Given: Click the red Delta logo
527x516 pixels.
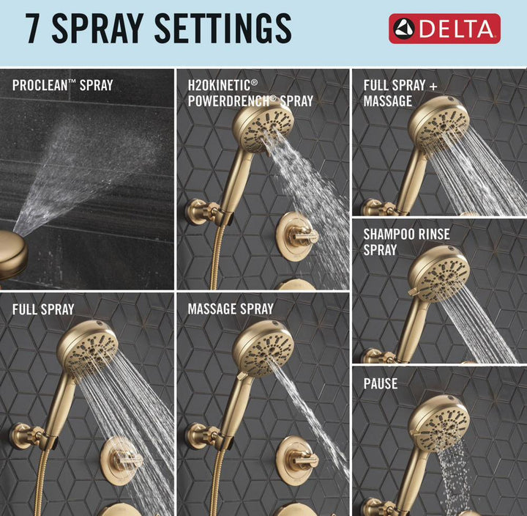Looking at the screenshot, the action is click(x=445, y=29).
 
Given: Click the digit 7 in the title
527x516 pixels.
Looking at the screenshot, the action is click(x=34, y=29).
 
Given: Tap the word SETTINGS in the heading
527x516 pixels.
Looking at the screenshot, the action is click(x=223, y=29).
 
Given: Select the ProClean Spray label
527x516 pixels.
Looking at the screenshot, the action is click(x=62, y=86).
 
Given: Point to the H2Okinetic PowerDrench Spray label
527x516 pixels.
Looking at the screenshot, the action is click(x=250, y=93).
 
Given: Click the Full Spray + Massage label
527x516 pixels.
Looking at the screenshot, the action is click(x=400, y=93).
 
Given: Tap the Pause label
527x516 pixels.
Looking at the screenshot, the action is click(x=381, y=384).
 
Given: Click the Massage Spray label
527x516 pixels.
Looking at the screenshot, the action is click(x=231, y=309).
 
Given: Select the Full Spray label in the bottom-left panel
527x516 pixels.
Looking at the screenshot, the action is click(x=43, y=309).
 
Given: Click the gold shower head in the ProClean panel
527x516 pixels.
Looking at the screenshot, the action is click(x=12, y=253).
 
